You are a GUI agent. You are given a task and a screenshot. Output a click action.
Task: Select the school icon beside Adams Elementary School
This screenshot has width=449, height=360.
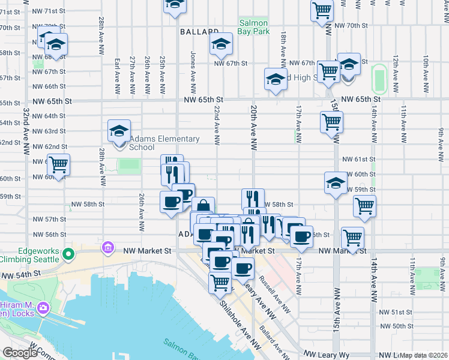tap(119, 132)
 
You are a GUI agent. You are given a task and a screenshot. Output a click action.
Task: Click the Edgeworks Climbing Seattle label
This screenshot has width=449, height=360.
tap(30, 254)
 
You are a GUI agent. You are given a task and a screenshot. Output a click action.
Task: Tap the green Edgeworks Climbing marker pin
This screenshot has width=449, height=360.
tap(68, 254)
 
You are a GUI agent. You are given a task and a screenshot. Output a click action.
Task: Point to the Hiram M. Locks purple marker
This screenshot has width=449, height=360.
tap(43, 308)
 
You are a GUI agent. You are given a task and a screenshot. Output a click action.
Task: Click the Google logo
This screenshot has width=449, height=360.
tap(19, 353)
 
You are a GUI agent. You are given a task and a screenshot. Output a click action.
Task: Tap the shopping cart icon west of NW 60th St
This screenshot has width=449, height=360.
tap(59, 164)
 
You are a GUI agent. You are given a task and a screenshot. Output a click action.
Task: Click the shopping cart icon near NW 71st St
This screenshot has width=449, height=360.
tap(322, 10)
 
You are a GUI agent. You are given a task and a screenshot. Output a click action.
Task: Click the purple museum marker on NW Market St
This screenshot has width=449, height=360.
tap(108, 247)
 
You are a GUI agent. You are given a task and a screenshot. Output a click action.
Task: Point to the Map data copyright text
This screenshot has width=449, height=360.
tap(424, 355)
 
